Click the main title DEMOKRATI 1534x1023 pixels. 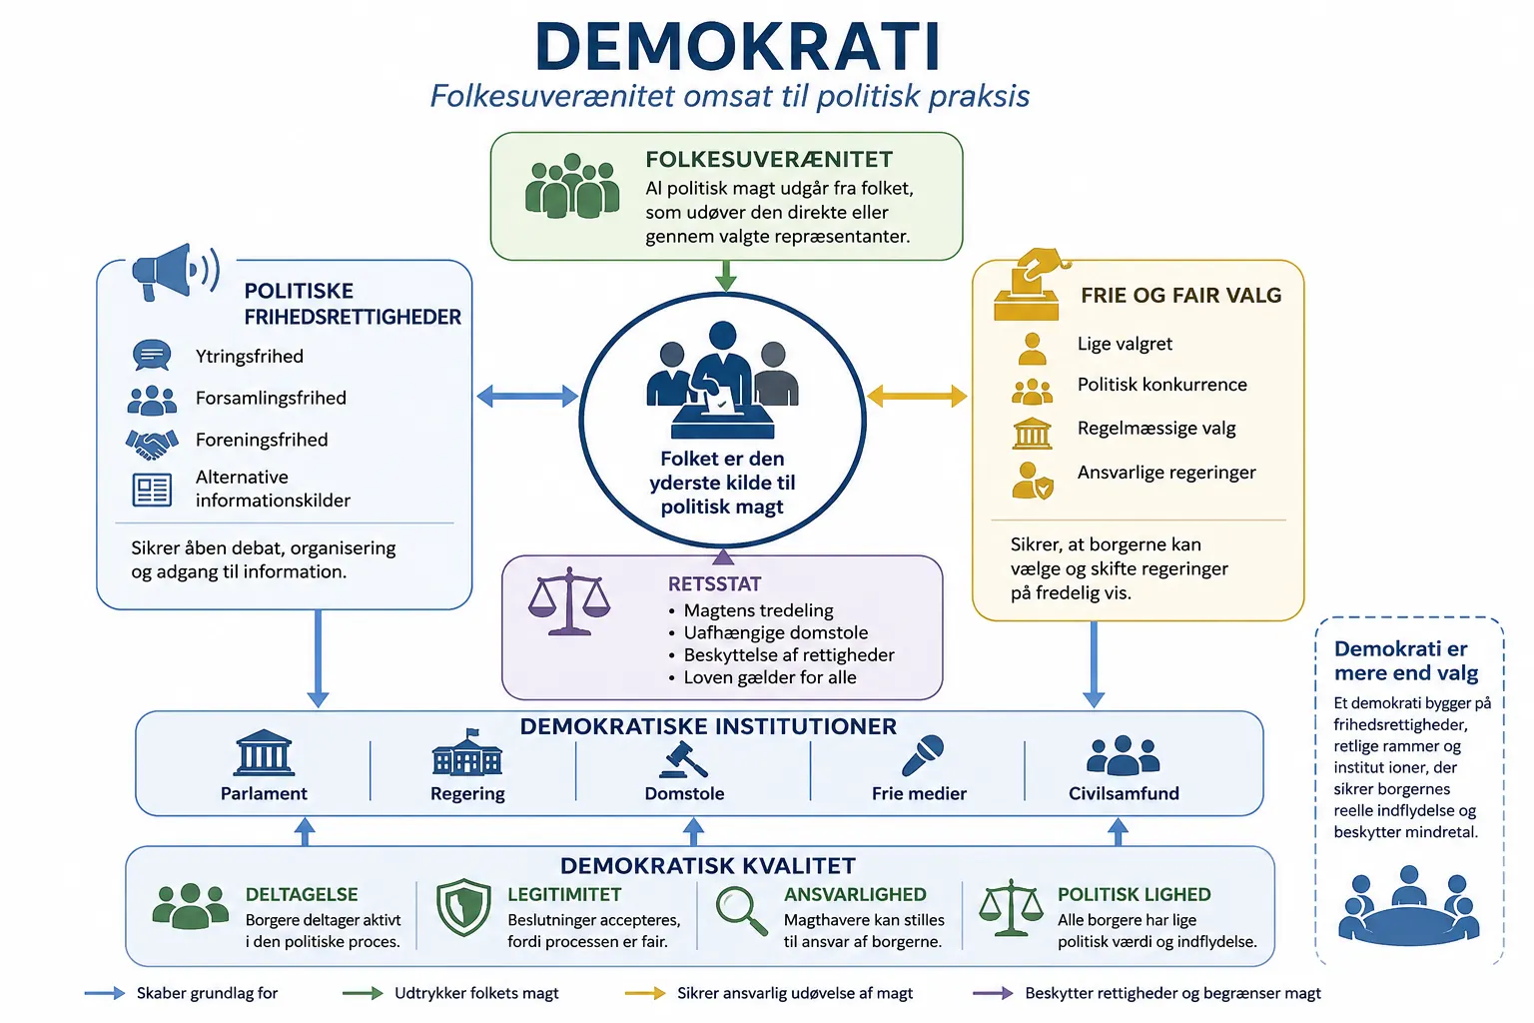coord(738,47)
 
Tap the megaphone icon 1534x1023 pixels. coord(176,272)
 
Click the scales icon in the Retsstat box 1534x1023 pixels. coord(569,601)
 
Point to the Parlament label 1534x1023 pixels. coord(264,793)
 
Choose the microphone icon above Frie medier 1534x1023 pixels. coord(923,755)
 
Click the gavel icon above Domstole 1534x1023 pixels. coord(683,759)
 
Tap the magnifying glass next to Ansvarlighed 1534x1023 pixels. coord(741,911)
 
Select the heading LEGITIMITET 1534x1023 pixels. coord(564,894)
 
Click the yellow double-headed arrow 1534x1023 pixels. coord(917,396)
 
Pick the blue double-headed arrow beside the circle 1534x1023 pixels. coord(527,396)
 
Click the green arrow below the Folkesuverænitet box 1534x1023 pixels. coord(726,276)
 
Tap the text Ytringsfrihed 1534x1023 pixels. coord(250,357)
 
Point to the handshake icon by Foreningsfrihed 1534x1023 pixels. coord(152,444)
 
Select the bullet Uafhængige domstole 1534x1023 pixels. coord(776,632)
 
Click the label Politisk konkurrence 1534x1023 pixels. coord(1162,385)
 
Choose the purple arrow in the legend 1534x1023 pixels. coord(993,993)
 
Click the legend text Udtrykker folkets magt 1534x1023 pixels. coord(476,993)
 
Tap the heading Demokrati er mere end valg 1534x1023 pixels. coord(1406,660)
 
